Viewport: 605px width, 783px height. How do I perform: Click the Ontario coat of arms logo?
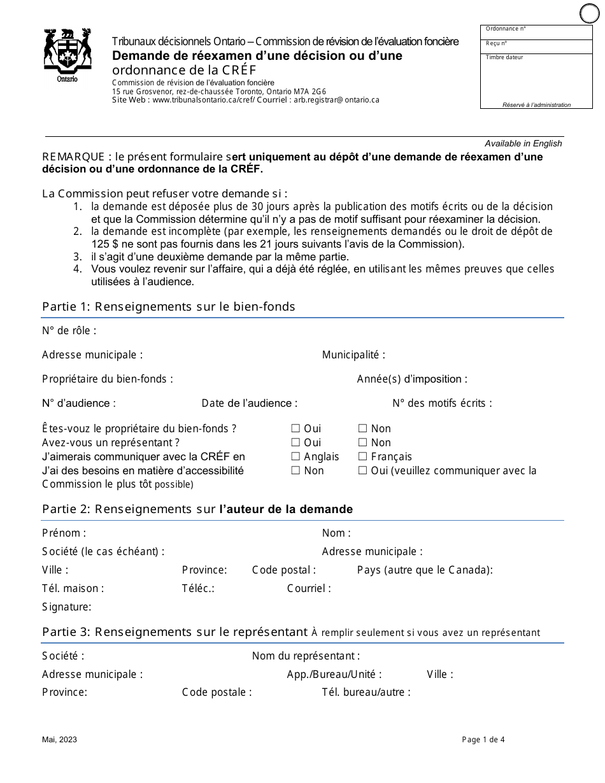click(67, 54)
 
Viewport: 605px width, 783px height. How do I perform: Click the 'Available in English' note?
click(523, 143)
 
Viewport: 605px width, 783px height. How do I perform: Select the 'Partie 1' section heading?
click(168, 307)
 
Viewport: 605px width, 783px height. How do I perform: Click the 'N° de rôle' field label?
click(69, 330)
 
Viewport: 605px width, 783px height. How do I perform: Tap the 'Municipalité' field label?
click(353, 355)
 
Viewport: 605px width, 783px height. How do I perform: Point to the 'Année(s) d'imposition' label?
click(412, 379)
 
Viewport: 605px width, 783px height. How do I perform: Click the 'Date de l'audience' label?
click(250, 403)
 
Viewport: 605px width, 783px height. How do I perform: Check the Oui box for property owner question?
click(295, 429)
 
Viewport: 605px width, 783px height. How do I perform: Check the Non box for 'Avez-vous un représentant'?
click(362, 443)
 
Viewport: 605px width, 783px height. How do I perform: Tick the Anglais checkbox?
click(295, 457)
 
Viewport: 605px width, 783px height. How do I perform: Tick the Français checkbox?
click(362, 457)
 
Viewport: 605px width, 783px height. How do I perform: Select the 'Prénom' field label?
click(64, 533)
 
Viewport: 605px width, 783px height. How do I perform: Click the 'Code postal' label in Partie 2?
click(283, 570)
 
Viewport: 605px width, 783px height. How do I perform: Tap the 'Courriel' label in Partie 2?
click(309, 588)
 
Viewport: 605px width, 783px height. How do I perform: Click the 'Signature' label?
click(66, 607)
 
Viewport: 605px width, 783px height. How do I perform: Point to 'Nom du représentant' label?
click(306, 656)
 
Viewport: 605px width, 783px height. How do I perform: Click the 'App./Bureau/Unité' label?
click(334, 674)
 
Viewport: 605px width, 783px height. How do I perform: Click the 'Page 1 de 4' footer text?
click(483, 739)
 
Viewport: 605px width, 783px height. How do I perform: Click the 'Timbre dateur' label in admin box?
click(504, 57)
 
